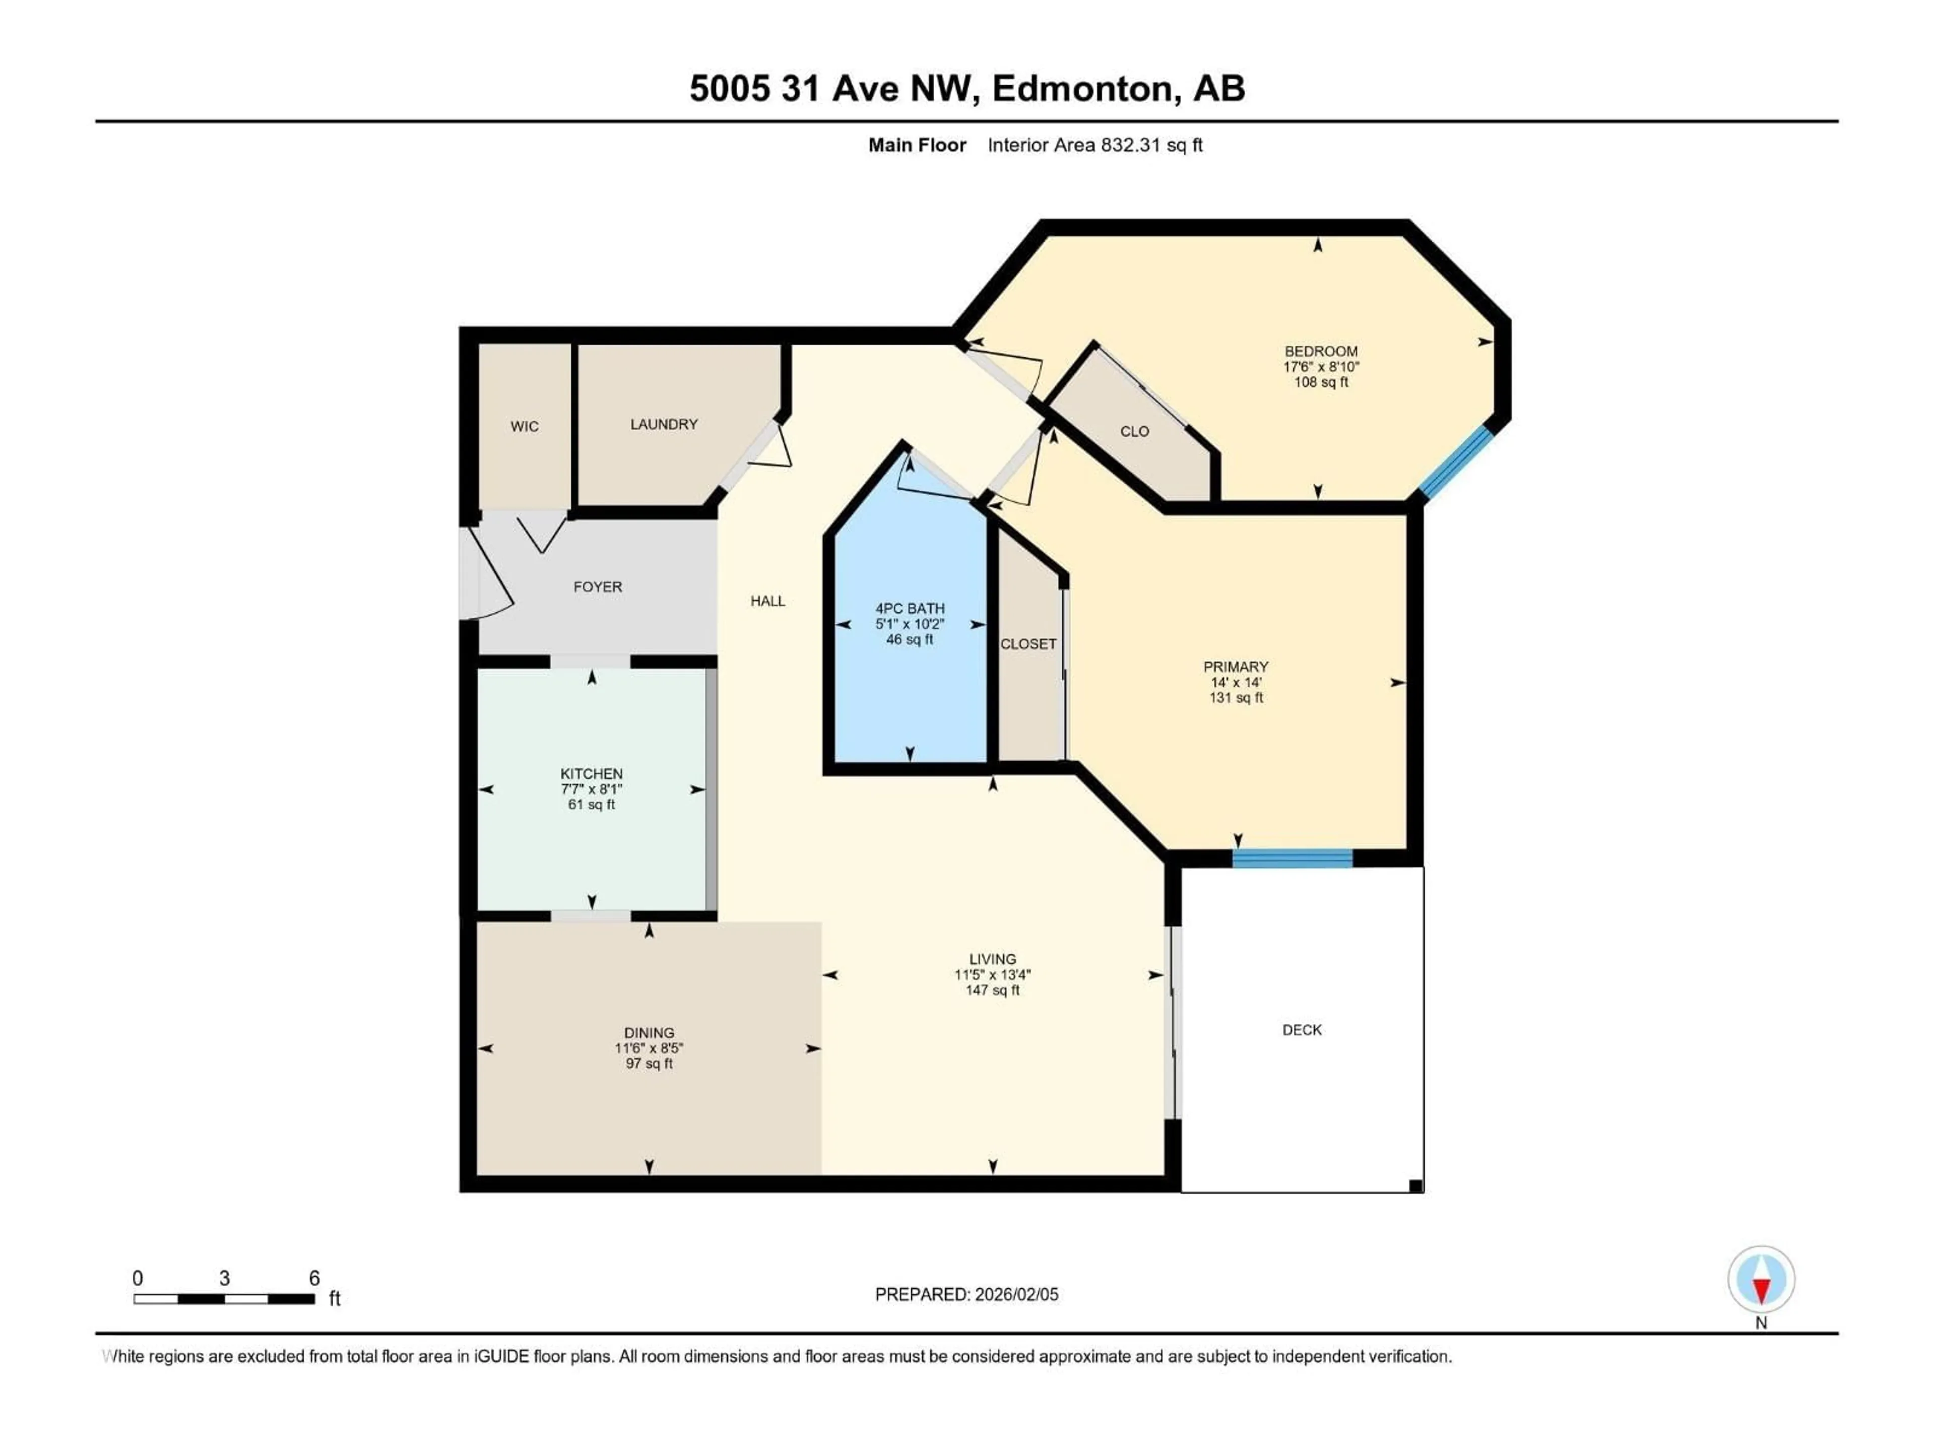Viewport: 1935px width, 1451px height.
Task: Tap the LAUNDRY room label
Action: point(664,424)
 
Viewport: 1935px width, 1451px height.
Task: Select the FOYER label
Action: point(598,587)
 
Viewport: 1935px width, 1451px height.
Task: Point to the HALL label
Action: point(767,601)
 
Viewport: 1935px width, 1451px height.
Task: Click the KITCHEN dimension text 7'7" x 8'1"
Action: point(592,789)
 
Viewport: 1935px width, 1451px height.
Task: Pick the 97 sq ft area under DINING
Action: point(649,1064)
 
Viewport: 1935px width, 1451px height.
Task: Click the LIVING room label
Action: point(992,959)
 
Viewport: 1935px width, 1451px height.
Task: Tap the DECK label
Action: point(1302,1030)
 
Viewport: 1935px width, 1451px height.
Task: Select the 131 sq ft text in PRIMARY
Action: point(1235,698)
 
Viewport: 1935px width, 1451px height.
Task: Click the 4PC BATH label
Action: point(910,609)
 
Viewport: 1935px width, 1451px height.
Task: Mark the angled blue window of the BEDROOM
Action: point(1456,463)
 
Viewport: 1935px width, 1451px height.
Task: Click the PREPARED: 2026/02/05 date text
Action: point(966,1294)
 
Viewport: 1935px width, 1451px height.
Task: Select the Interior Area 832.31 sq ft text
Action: point(1094,145)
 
